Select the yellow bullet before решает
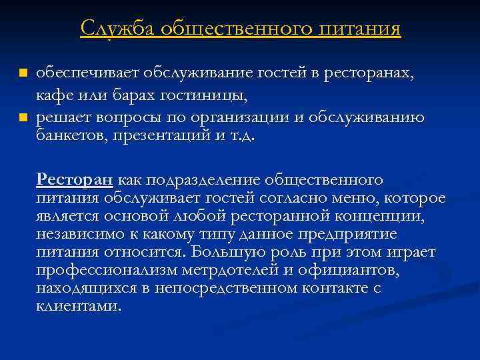pyautogui.click(x=22, y=117)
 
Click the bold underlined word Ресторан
pyautogui.click(x=75, y=180)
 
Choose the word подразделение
pyautogui.click(x=203, y=180)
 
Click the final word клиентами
pyautogui.click(x=79, y=307)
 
